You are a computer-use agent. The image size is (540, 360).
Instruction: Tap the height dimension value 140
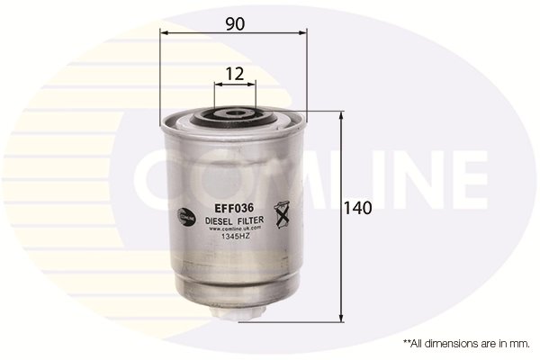tap(358, 208)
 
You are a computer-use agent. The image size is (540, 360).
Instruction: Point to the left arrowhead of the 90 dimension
tap(164, 31)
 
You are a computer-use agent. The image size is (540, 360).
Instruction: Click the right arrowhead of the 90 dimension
tap(303, 31)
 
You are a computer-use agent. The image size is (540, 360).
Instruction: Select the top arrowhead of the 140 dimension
tap(342, 116)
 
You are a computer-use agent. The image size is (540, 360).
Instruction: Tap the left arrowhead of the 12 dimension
tap(217, 86)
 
